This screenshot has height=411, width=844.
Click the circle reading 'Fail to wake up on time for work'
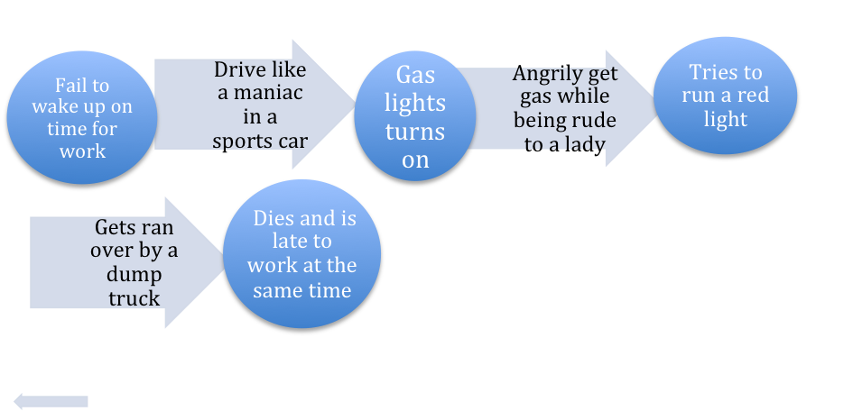82,118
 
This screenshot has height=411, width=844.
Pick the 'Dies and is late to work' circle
302,254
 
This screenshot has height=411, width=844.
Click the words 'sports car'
260,141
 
